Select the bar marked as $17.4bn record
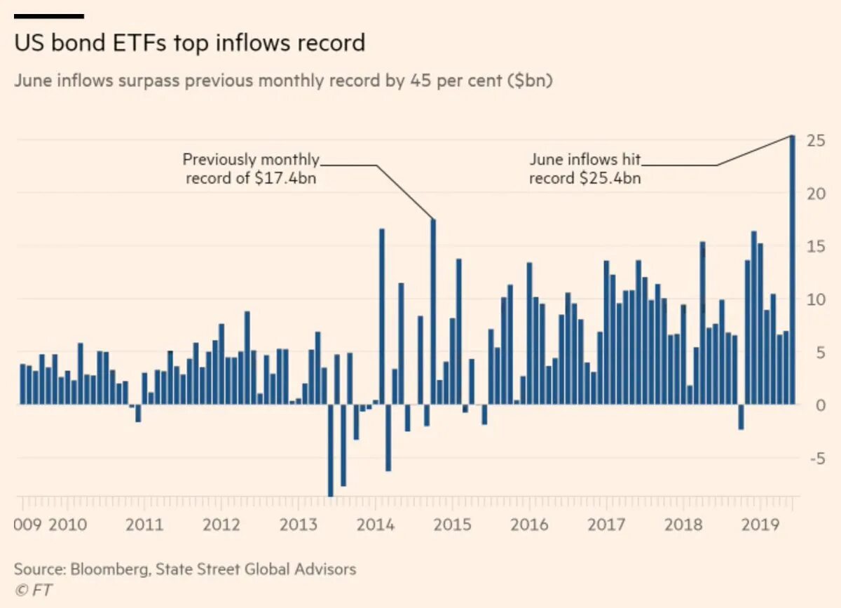pyautogui.click(x=433, y=312)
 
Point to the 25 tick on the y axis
pyautogui.click(x=814, y=141)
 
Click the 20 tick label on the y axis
pyautogui.click(x=814, y=194)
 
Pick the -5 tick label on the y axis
pyautogui.click(x=813, y=459)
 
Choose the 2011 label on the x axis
pyautogui.click(x=144, y=525)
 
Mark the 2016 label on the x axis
pyautogui.click(x=530, y=525)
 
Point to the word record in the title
pyautogui.click(x=331, y=43)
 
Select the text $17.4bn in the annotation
pyautogui.click(x=284, y=178)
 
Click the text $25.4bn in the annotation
pyautogui.click(x=610, y=178)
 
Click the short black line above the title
pyautogui.click(x=49, y=15)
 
